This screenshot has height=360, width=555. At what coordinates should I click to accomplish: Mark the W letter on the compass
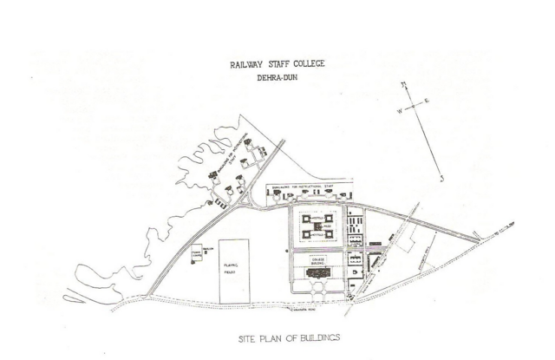pos(397,114)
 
